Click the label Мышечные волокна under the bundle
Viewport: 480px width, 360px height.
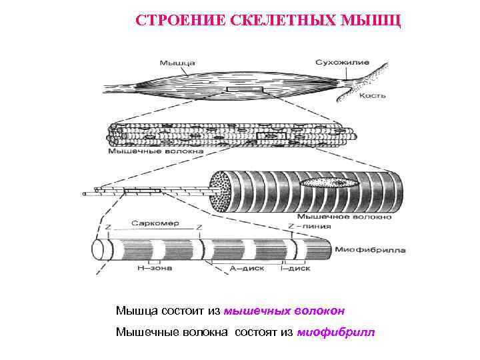[x=155, y=151]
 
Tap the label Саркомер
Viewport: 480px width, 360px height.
[x=155, y=223]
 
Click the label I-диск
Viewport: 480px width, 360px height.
[x=295, y=269]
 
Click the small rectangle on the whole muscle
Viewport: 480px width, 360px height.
[x=245, y=89]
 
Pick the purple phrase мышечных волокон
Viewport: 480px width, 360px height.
[x=284, y=311]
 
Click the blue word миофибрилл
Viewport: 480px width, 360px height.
[x=336, y=331]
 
